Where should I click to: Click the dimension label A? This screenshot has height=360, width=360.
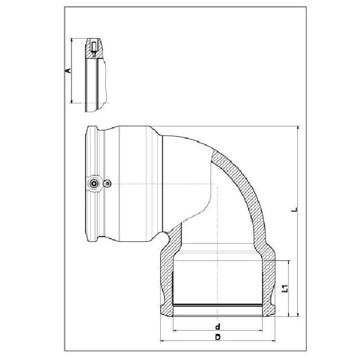pos(68,70)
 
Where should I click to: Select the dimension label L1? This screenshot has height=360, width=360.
pos(285,288)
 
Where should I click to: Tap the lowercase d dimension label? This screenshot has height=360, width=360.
pos(217,326)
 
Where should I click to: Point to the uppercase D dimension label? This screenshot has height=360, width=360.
pos(217,337)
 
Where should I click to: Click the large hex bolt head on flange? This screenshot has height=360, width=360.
pos(94,184)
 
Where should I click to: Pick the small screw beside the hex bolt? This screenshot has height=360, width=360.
pos(107,184)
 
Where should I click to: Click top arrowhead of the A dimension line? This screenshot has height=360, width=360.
pos(72,40)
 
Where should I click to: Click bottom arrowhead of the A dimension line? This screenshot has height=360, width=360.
pos(72,101)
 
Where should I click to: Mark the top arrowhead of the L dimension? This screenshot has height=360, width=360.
pos(298,128)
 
